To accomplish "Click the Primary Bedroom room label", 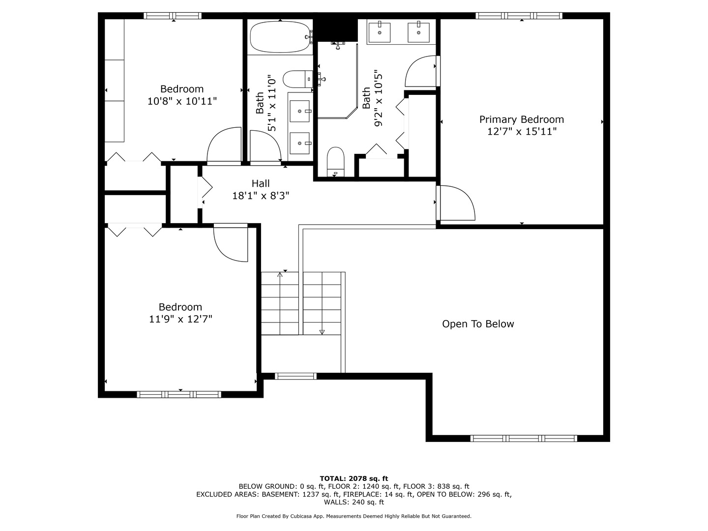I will point(521,119).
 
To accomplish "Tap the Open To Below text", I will point(478,324).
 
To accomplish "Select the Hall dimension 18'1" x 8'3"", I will point(260,196).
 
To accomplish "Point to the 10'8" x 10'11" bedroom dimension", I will point(182,101).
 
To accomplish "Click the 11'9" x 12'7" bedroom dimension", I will point(180,319).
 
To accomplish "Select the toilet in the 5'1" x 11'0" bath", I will point(297,79).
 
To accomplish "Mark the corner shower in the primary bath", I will point(337,81).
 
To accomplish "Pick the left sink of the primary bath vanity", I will point(380,32).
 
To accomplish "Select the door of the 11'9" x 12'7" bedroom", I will point(230,243).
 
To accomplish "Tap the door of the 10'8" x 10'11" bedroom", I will point(224,146).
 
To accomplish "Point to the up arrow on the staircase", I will point(280,275).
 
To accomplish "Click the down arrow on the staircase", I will point(322,332).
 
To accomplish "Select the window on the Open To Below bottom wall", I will point(523,438).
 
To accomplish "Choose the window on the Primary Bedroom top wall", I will point(519,16).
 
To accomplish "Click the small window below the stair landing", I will point(295,376).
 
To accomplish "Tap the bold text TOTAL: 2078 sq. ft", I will point(354,478).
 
